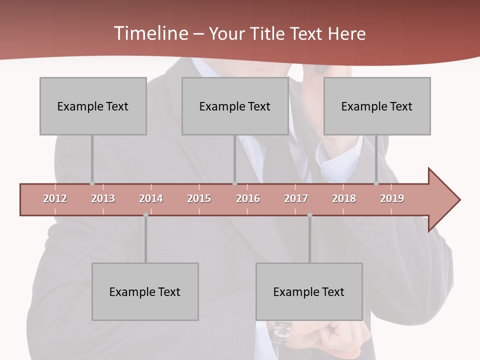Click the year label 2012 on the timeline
tap(55, 198)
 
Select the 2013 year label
tap(103, 198)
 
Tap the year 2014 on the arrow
tap(151, 198)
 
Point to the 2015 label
tap(199, 198)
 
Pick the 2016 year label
tap(248, 198)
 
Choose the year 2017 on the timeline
tap(296, 198)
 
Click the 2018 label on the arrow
tap(344, 198)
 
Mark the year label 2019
tap(392, 198)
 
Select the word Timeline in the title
tap(150, 33)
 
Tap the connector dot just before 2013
tap(92, 183)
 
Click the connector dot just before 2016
tap(234, 183)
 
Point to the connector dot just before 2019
tap(376, 183)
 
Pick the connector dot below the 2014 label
tap(145, 215)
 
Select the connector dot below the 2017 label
tap(309, 215)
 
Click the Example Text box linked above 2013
tap(93, 106)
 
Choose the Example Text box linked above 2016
tap(235, 106)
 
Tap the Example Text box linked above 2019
tap(377, 106)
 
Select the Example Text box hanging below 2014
tap(145, 291)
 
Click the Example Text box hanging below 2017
tap(309, 291)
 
